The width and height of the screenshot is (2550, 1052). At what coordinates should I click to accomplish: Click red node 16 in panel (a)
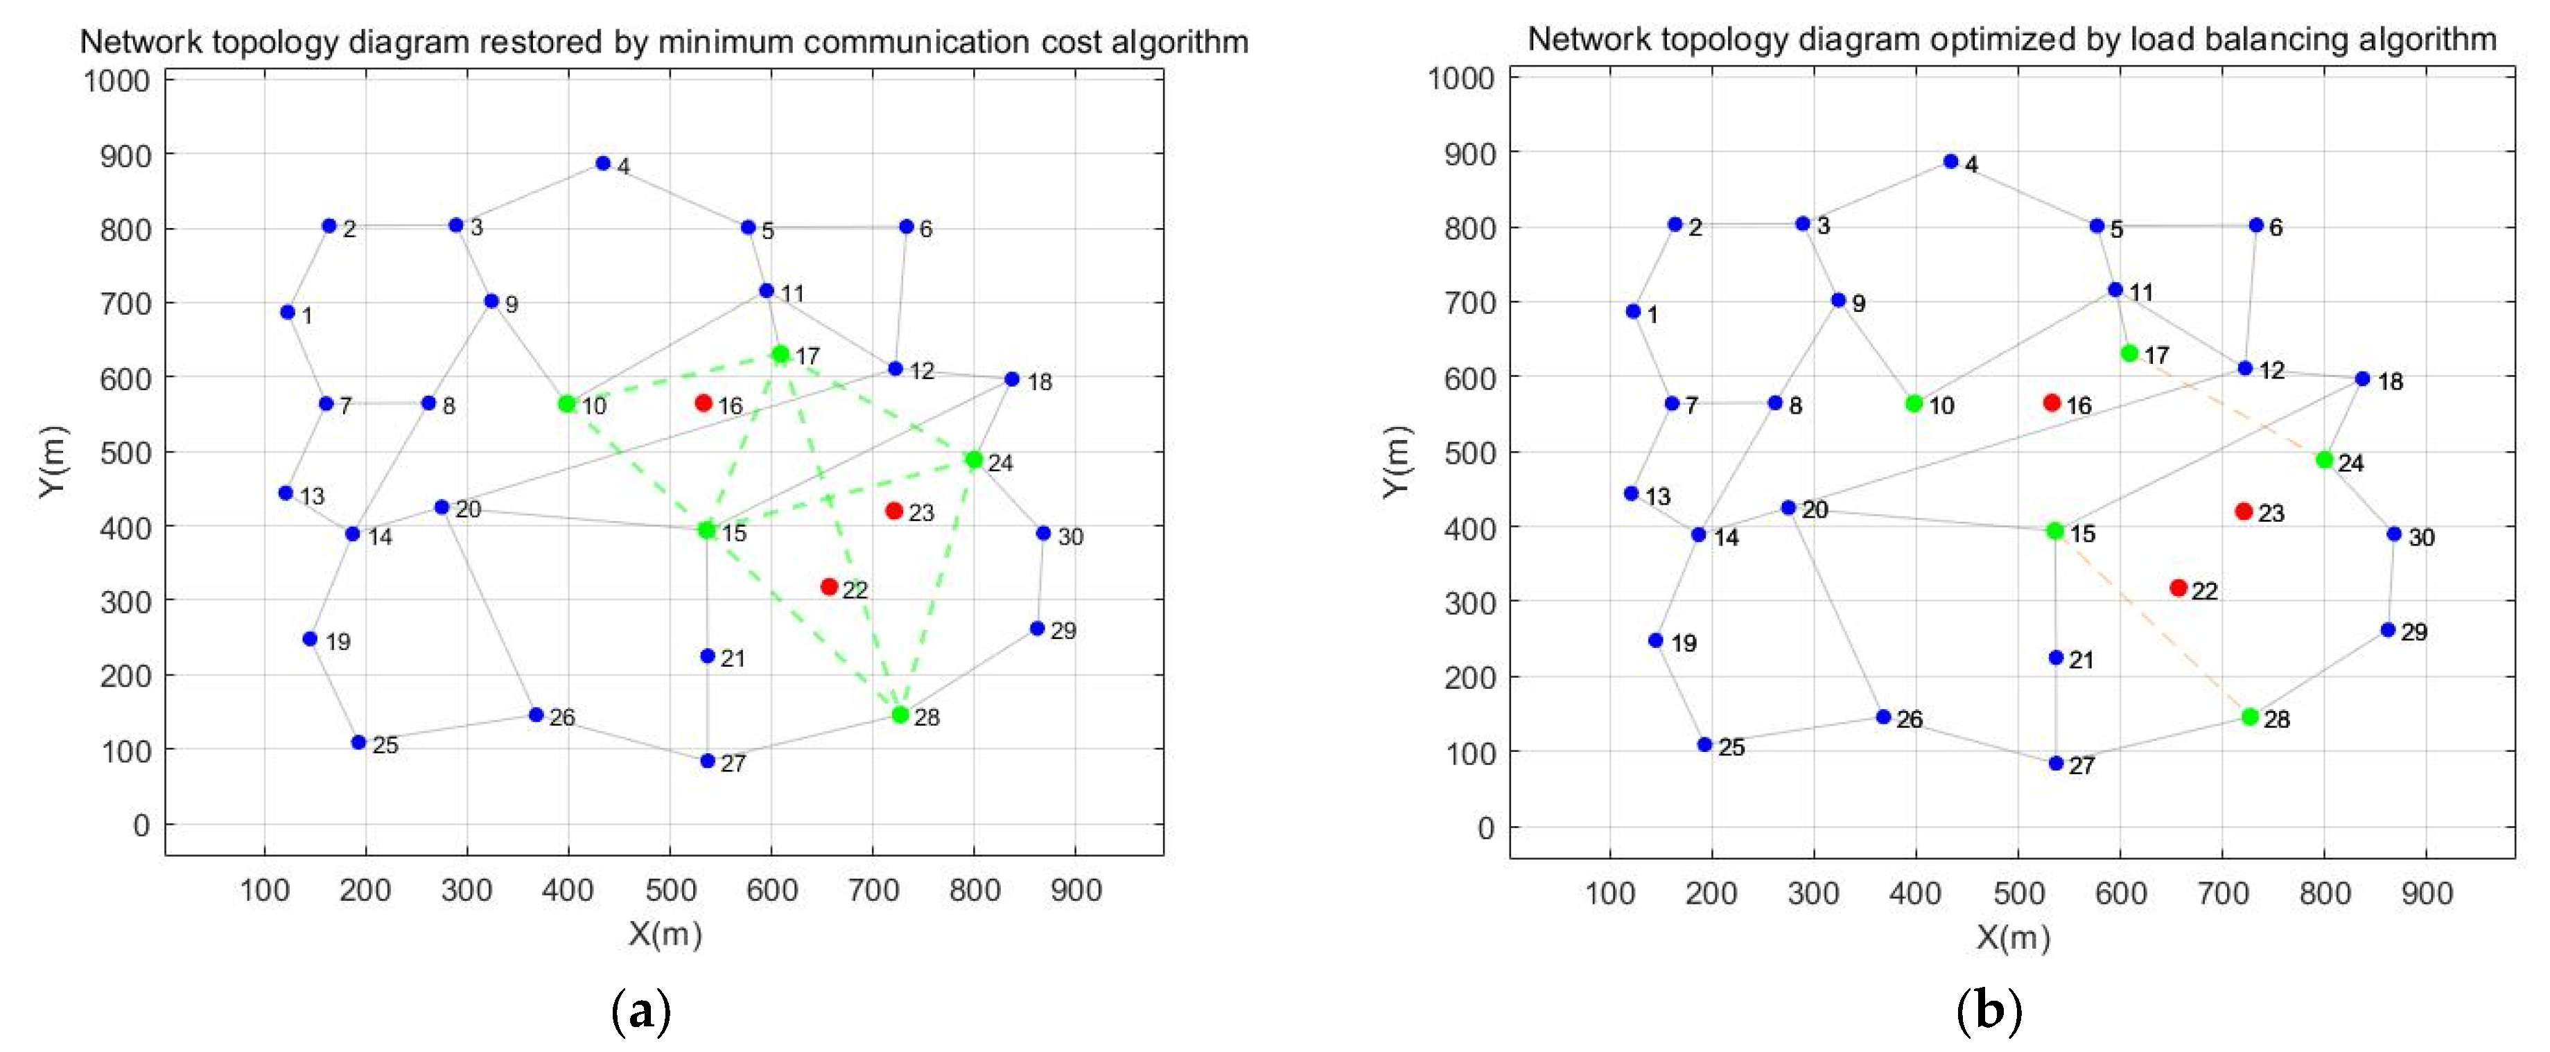click(x=703, y=403)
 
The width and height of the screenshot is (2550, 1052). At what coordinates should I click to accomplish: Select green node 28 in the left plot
click(x=900, y=715)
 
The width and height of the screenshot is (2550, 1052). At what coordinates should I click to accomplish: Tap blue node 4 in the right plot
click(x=1950, y=161)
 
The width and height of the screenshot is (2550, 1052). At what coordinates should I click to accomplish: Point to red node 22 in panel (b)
click(x=2178, y=588)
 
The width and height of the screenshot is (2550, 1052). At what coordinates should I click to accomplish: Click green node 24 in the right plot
click(x=2324, y=460)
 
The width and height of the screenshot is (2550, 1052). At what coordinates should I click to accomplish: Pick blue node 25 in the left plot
click(x=359, y=742)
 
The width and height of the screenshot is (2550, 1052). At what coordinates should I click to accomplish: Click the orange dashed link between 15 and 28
click(x=2153, y=624)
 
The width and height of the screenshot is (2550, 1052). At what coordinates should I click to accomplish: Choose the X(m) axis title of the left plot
click(x=664, y=933)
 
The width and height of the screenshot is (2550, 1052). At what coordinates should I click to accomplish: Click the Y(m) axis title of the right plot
click(x=1396, y=462)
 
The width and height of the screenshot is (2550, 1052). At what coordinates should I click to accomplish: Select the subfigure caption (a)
click(x=643, y=1013)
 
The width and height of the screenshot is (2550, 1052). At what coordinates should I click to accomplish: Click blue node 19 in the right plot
click(x=1655, y=640)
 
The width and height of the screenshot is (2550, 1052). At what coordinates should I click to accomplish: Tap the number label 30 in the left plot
click(x=1070, y=536)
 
